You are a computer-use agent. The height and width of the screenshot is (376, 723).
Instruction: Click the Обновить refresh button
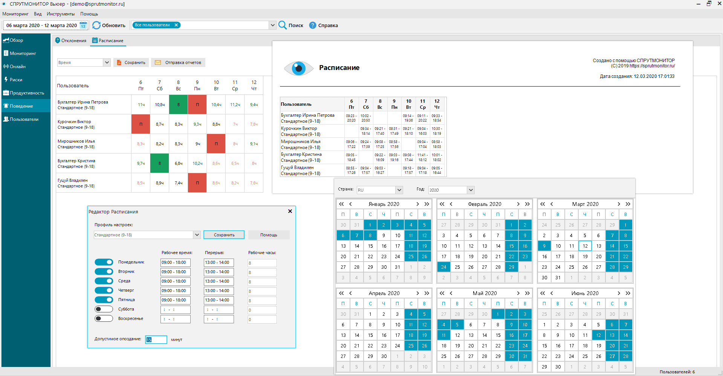(109, 25)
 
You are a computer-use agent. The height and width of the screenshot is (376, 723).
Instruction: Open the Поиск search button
(291, 25)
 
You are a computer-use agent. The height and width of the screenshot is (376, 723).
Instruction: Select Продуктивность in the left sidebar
(26, 93)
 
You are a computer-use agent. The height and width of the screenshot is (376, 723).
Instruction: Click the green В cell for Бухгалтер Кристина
(160, 163)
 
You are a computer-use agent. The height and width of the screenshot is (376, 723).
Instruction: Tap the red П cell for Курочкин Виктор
(141, 124)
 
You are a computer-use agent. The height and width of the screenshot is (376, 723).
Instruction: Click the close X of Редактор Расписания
(290, 211)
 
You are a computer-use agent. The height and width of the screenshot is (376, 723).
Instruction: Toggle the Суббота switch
(104, 309)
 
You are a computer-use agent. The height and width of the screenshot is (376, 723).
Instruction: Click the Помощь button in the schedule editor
(269, 235)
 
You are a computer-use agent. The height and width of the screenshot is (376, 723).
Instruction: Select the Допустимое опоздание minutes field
(156, 339)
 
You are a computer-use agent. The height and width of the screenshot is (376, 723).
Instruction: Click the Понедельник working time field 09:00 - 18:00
(175, 262)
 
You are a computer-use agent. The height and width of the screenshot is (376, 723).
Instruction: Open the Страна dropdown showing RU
(380, 190)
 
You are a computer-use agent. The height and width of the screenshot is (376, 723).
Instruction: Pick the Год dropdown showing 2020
(451, 190)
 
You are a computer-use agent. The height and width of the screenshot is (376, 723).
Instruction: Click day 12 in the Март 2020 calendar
(585, 246)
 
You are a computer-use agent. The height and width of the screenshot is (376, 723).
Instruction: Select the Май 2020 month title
(485, 293)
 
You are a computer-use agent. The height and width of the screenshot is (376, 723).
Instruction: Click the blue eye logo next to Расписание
(298, 68)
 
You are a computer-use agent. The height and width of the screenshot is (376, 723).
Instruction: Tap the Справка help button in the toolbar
(324, 25)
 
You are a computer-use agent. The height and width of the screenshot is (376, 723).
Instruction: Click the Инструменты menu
(61, 14)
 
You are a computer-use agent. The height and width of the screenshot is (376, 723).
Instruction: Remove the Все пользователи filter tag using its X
(176, 25)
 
